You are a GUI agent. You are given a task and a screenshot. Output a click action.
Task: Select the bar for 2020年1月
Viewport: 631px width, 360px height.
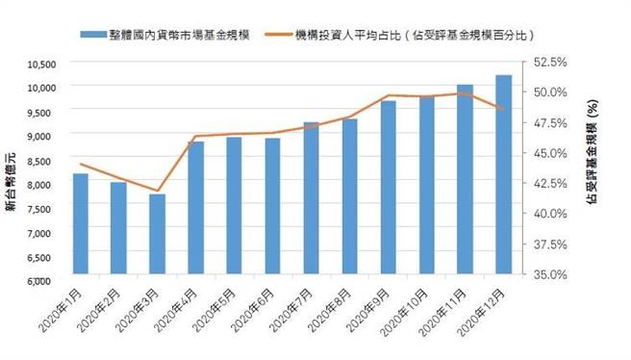point(80,226)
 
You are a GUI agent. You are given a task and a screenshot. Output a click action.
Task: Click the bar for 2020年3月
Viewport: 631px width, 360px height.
point(157,237)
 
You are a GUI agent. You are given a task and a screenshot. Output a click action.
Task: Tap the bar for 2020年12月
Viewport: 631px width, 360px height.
point(503,177)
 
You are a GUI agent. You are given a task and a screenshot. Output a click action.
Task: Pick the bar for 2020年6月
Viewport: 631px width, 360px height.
point(272,209)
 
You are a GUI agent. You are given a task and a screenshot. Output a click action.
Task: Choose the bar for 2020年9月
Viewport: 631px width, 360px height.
point(388,190)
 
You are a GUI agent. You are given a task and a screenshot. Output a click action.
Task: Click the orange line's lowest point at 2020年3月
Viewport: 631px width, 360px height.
point(157,191)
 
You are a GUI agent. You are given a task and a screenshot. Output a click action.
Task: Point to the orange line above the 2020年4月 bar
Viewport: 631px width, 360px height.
point(195,137)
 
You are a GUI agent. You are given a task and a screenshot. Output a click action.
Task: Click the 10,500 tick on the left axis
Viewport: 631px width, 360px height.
point(43,64)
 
